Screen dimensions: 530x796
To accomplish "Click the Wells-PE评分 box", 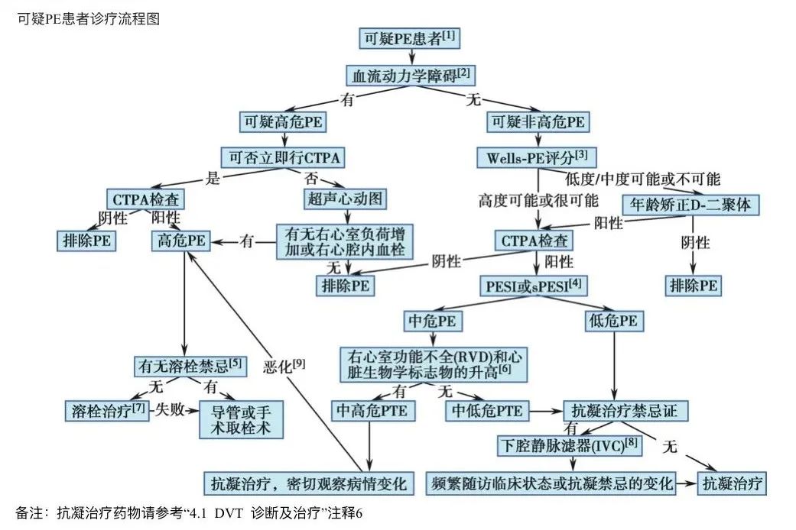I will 537,158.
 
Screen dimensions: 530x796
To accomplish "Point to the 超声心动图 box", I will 342,199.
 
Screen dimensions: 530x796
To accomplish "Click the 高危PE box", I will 182,241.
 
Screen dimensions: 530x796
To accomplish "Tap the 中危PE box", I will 434,322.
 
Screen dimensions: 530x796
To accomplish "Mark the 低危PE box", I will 613,322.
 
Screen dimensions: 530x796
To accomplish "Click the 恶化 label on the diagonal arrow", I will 283,366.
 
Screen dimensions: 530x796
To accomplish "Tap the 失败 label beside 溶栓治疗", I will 168,409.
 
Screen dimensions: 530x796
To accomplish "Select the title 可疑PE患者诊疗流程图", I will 88,19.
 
